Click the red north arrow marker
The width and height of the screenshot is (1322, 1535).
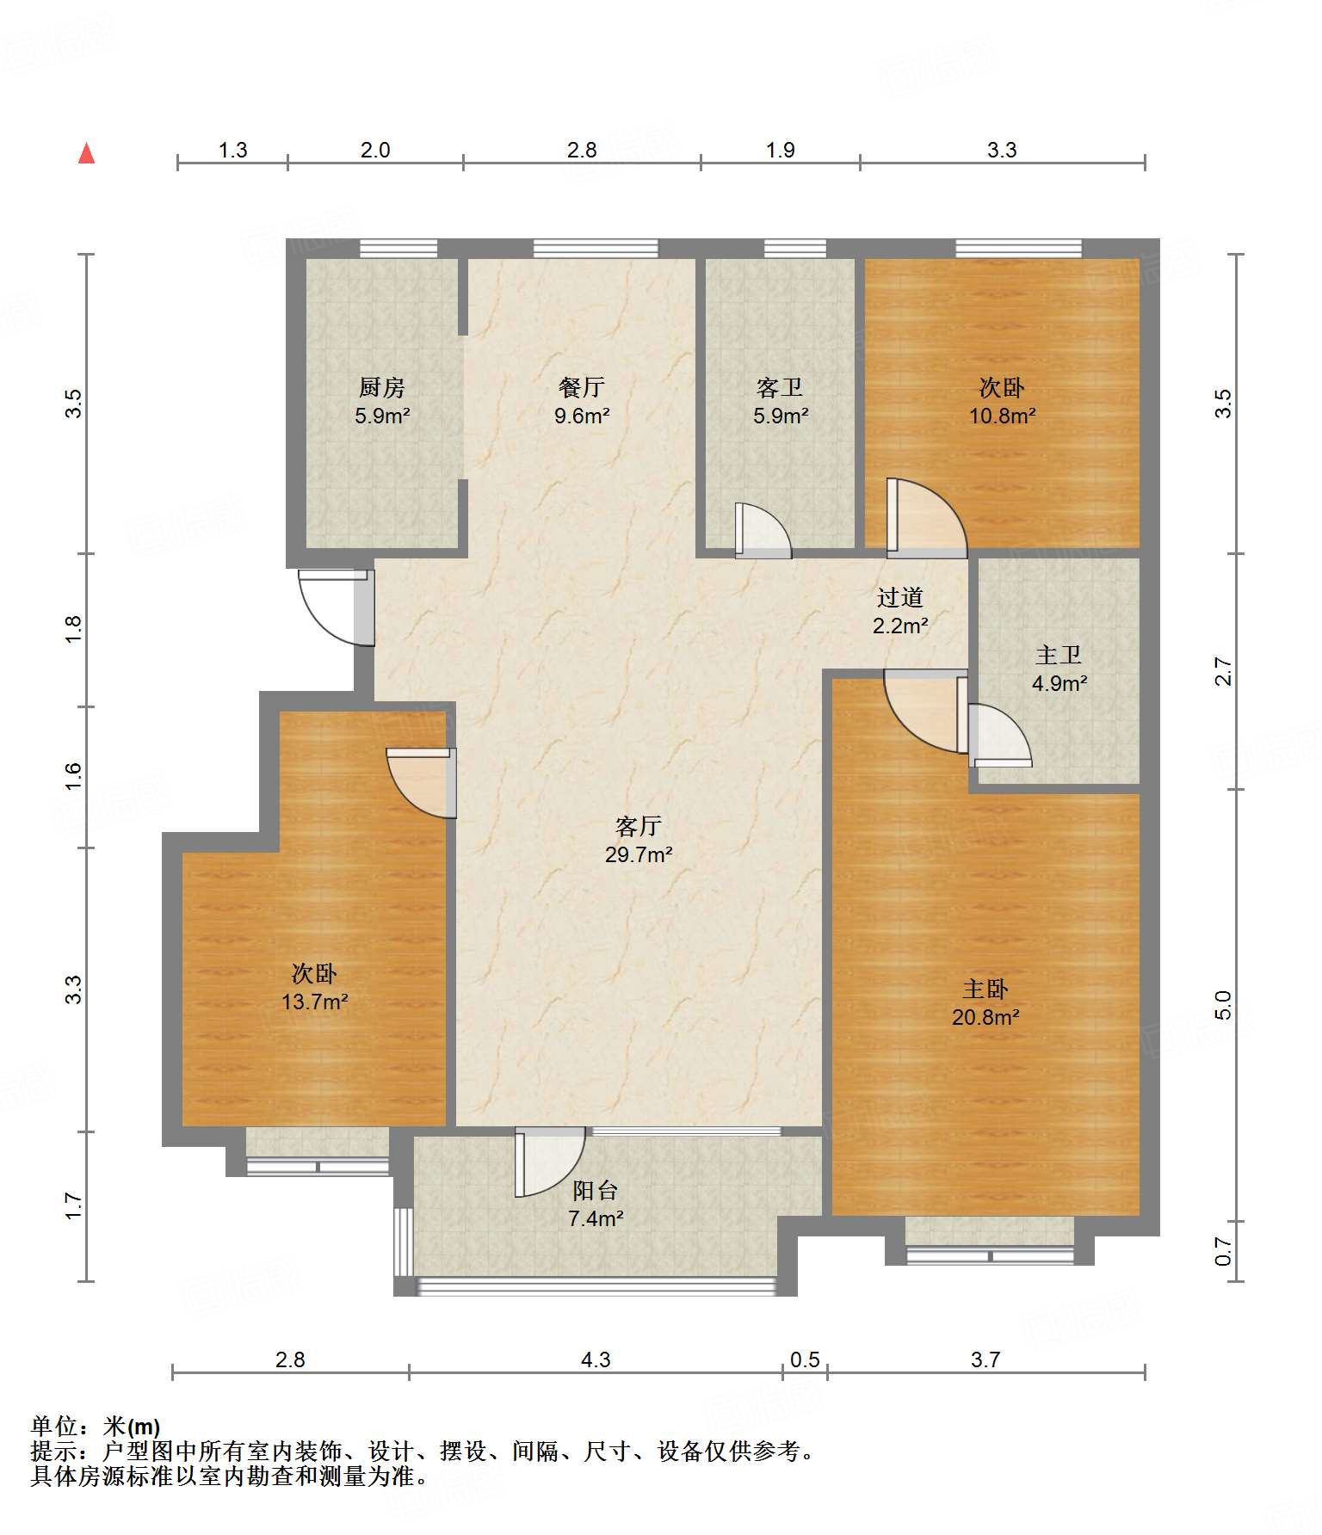(x=86, y=153)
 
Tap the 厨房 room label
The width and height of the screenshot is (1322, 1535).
(x=382, y=388)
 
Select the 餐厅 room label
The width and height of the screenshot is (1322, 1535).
(x=582, y=388)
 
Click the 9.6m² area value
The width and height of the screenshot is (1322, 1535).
(x=582, y=416)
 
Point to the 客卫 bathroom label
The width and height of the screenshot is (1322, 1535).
(x=781, y=388)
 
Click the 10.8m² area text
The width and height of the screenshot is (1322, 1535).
(x=1002, y=416)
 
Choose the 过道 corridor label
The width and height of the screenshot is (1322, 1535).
(x=900, y=597)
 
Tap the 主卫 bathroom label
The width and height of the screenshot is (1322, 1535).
(x=1059, y=656)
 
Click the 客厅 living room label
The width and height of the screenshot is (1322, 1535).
(x=639, y=827)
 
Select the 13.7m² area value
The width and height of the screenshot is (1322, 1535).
(x=315, y=1002)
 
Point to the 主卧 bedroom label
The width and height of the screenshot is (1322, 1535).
(x=985, y=989)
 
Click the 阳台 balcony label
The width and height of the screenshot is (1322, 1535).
(x=596, y=1191)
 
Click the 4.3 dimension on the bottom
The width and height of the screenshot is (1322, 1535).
(x=596, y=1359)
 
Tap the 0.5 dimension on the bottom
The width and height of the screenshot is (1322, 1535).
(x=806, y=1359)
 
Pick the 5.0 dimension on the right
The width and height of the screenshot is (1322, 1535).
(x=1223, y=1004)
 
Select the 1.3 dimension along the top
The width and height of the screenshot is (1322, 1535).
(x=232, y=151)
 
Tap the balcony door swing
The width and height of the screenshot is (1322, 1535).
(x=550, y=1162)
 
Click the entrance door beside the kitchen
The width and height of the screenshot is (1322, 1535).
(x=337, y=607)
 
